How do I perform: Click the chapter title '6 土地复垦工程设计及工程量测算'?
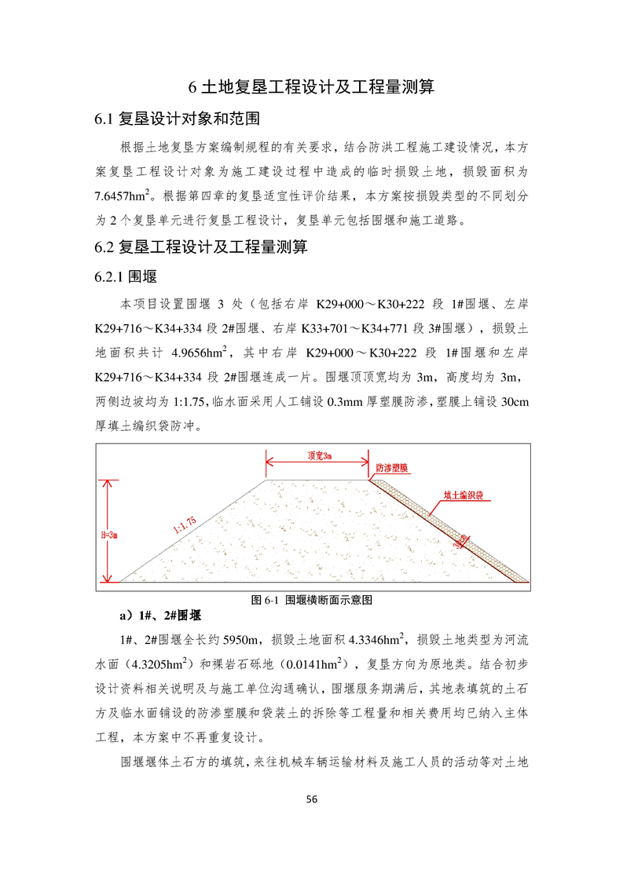[x=312, y=86]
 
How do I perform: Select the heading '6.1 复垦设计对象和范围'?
[x=177, y=120]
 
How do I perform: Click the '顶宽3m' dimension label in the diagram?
[x=317, y=455]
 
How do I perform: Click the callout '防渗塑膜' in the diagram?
[x=391, y=468]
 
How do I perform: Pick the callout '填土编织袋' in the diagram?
[x=463, y=496]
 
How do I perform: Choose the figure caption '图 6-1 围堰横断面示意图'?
[x=311, y=599]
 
